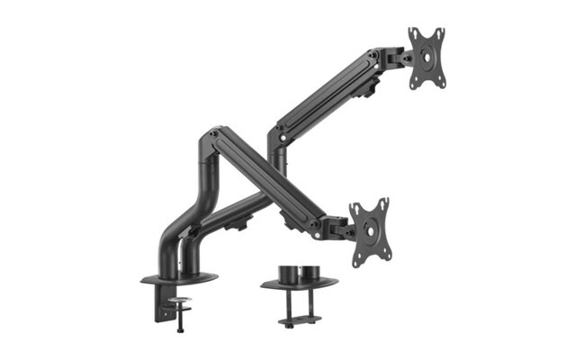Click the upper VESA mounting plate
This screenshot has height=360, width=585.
click(x=427, y=58)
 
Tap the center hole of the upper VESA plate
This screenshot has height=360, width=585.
click(x=427, y=58)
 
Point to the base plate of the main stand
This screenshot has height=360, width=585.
click(x=180, y=278)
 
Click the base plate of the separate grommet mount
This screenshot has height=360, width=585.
click(x=300, y=284)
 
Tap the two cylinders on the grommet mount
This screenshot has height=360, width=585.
click(x=299, y=270)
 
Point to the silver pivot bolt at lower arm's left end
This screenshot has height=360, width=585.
click(x=212, y=135)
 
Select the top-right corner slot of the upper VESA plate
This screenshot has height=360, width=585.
click(x=440, y=32)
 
